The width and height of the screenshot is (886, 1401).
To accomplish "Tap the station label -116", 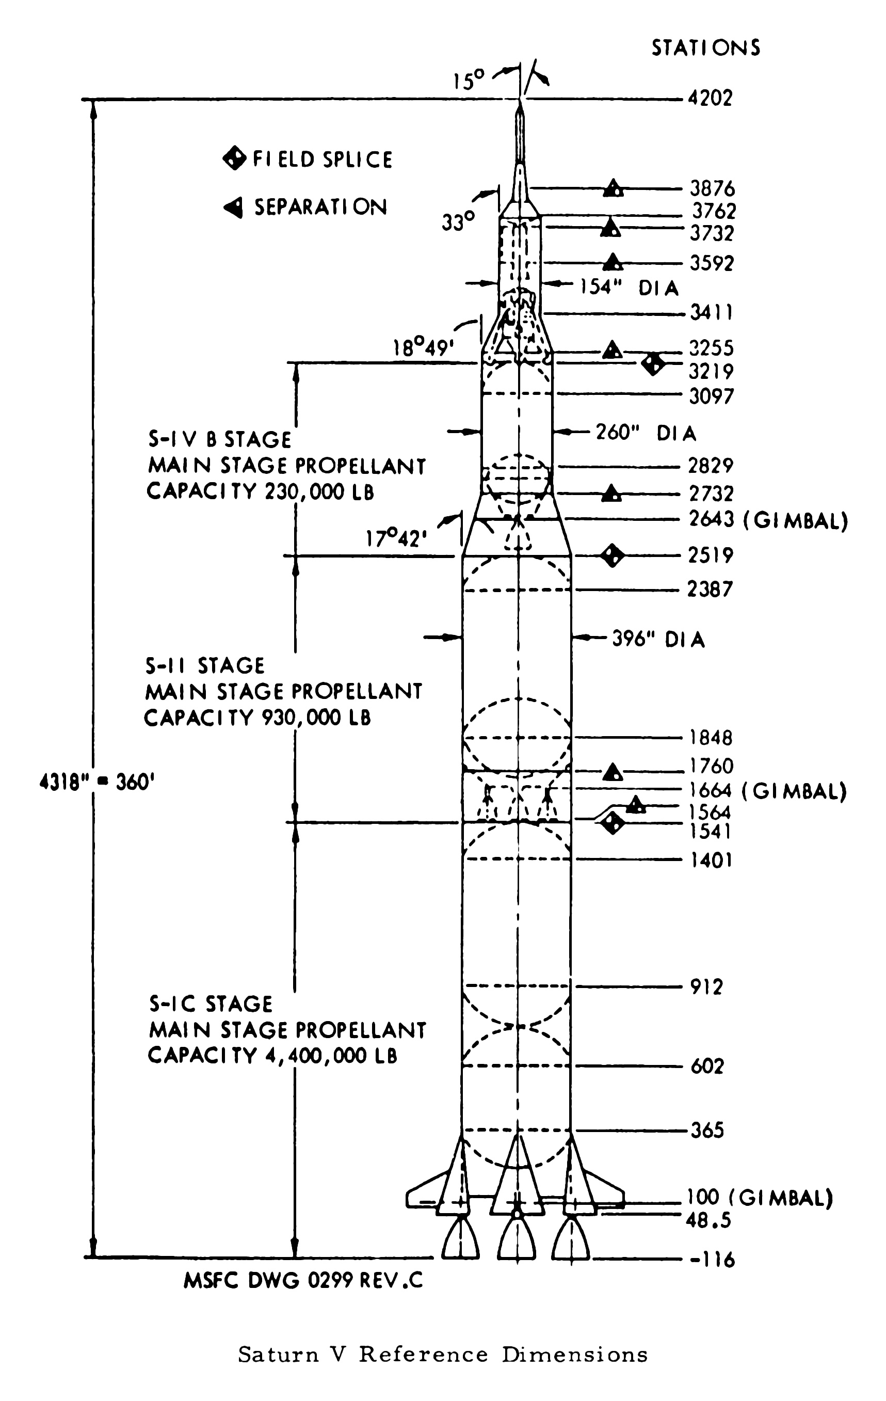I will tap(712, 1260).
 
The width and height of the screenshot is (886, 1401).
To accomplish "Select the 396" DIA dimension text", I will tap(658, 640).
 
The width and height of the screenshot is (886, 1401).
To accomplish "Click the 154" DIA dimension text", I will tap(630, 287).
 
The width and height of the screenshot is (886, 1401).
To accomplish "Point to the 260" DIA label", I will tap(645, 433).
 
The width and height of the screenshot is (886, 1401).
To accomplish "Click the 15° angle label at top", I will tap(469, 81).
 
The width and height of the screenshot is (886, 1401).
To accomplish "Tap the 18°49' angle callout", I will tap(422, 348).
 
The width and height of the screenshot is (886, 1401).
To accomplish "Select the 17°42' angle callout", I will tap(396, 539).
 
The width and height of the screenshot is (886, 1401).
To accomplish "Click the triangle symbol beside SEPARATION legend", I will tap(233, 207).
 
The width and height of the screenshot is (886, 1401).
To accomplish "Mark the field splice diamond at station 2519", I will tap(612, 555).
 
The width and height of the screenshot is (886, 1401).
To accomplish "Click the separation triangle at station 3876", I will tap(613, 188).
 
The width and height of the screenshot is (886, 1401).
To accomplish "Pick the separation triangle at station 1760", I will tap(612, 772).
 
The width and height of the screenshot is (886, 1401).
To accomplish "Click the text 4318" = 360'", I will tap(96, 783).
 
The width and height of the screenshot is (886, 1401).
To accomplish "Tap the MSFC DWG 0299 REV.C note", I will tap(303, 1281).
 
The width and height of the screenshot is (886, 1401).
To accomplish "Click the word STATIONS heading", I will tap(705, 47).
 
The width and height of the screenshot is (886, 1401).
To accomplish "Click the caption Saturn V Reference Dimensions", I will tap(443, 1355).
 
